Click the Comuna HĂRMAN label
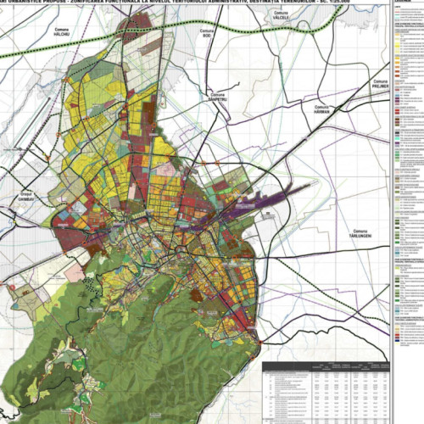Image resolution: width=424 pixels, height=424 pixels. tap(324, 109)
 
